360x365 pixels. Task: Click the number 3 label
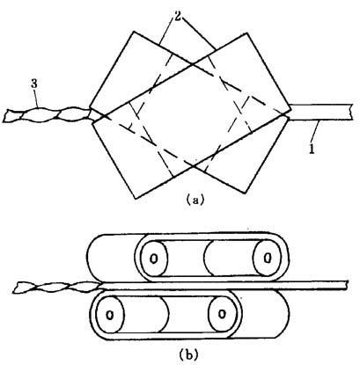34,84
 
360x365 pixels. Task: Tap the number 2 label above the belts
177,17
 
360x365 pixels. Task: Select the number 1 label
312,149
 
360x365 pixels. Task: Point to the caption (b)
188,354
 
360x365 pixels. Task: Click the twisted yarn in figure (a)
47,115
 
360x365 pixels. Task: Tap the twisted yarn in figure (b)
58,287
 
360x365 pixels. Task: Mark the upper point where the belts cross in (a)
192,64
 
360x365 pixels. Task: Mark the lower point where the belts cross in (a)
193,167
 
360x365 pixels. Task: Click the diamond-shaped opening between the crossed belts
192,116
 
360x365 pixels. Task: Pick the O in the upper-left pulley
153,259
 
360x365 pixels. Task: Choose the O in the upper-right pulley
267,259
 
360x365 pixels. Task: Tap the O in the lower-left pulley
109,315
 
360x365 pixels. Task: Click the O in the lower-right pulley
222,314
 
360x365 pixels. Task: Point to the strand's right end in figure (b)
348,285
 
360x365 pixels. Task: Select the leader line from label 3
37,98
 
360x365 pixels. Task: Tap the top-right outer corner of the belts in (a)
247,33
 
